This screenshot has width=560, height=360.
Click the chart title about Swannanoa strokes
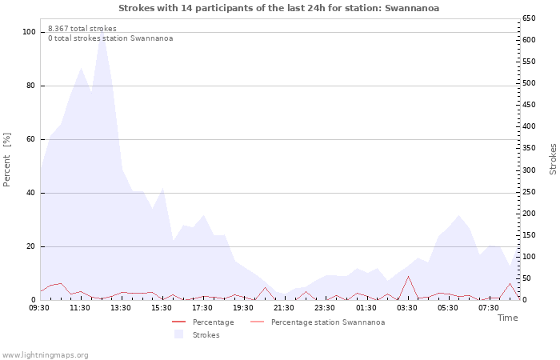pyautogui.click(x=278, y=8)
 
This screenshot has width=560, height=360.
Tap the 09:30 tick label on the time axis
pyautogui.click(x=39, y=307)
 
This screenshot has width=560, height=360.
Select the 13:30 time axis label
pyautogui.click(x=121, y=307)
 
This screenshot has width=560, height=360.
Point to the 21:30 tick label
pyautogui.click(x=284, y=307)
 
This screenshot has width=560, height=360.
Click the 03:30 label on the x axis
pyautogui.click(x=406, y=307)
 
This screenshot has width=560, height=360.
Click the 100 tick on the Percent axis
pyautogui.click(x=29, y=32)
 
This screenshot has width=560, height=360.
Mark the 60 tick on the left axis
pyautogui.click(x=31, y=139)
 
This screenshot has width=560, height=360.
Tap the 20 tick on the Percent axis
pyautogui.click(x=31, y=246)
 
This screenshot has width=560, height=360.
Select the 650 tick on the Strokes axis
pyautogui.click(x=530, y=18)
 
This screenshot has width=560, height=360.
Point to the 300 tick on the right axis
pyautogui.click(x=530, y=170)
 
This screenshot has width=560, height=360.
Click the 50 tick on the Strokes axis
pyautogui.click(x=528, y=278)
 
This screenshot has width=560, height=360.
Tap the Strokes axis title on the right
pyautogui.click(x=553, y=159)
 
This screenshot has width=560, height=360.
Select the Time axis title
pyautogui.click(x=507, y=318)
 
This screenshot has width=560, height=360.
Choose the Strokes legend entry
pyautogui.click(x=206, y=335)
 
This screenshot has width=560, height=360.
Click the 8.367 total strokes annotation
pyautogui.click(x=82, y=29)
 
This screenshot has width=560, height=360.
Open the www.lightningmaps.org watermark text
pyautogui.click(x=45, y=354)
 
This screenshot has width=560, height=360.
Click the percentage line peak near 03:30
pyautogui.click(x=408, y=277)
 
